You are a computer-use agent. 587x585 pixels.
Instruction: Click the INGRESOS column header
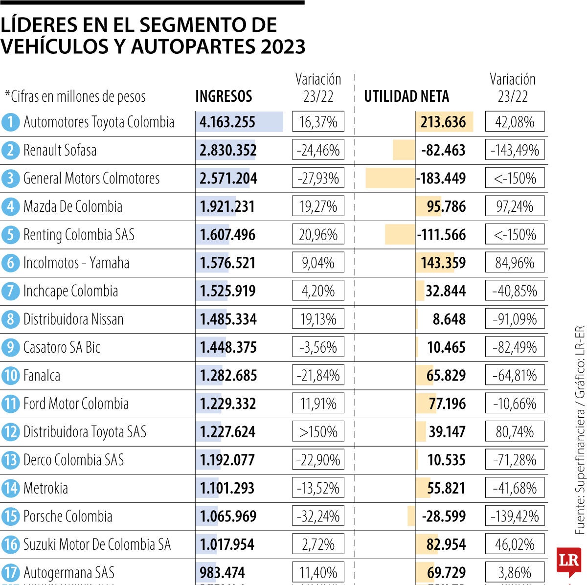(224, 96)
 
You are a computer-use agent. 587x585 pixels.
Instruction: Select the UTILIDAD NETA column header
(406, 96)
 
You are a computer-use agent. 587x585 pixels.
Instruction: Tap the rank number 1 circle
(10, 122)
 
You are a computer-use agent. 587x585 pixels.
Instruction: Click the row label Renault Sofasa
(60, 150)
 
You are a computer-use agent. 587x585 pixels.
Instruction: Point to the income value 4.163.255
(227, 122)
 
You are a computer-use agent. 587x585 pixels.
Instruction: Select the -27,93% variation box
(318, 179)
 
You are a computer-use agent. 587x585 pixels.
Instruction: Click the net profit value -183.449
(441, 179)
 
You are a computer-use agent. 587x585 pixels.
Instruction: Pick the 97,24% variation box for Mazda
(515, 206)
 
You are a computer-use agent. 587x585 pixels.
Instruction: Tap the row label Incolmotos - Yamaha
(76, 263)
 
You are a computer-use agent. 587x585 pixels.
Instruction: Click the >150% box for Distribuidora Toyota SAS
(318, 432)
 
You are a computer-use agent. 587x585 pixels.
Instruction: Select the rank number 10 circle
(10, 376)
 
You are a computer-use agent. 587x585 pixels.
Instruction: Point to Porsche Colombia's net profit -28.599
(444, 517)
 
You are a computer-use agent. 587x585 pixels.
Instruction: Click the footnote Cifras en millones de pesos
(75, 96)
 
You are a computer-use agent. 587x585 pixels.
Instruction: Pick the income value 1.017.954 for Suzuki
(227, 544)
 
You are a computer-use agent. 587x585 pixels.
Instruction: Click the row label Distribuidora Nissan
(73, 319)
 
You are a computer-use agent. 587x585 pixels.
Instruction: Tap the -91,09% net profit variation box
(515, 319)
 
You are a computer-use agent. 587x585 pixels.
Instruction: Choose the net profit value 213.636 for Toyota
(443, 122)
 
